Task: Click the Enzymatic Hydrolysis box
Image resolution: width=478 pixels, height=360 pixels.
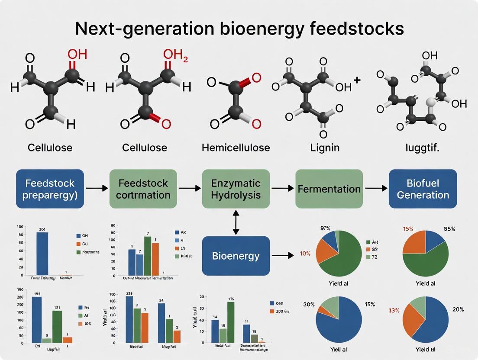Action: coord(236,189)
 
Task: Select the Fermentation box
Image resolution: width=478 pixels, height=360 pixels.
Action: coord(329,189)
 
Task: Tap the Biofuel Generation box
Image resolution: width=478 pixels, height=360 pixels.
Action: coord(423,189)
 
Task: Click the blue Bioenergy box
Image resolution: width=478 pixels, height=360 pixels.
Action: coord(236,256)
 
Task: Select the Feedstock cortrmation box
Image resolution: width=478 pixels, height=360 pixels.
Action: coord(143,189)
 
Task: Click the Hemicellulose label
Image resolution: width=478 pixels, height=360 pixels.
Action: coord(236,148)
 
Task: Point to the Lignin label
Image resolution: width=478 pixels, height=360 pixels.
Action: coord(325,148)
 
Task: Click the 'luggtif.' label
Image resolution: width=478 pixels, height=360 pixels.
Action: coord(422,148)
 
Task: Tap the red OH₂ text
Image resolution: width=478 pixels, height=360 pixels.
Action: coord(175,55)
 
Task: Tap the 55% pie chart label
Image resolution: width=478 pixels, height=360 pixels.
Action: coord(449,229)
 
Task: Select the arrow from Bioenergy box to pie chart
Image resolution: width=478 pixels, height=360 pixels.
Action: coord(284,256)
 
